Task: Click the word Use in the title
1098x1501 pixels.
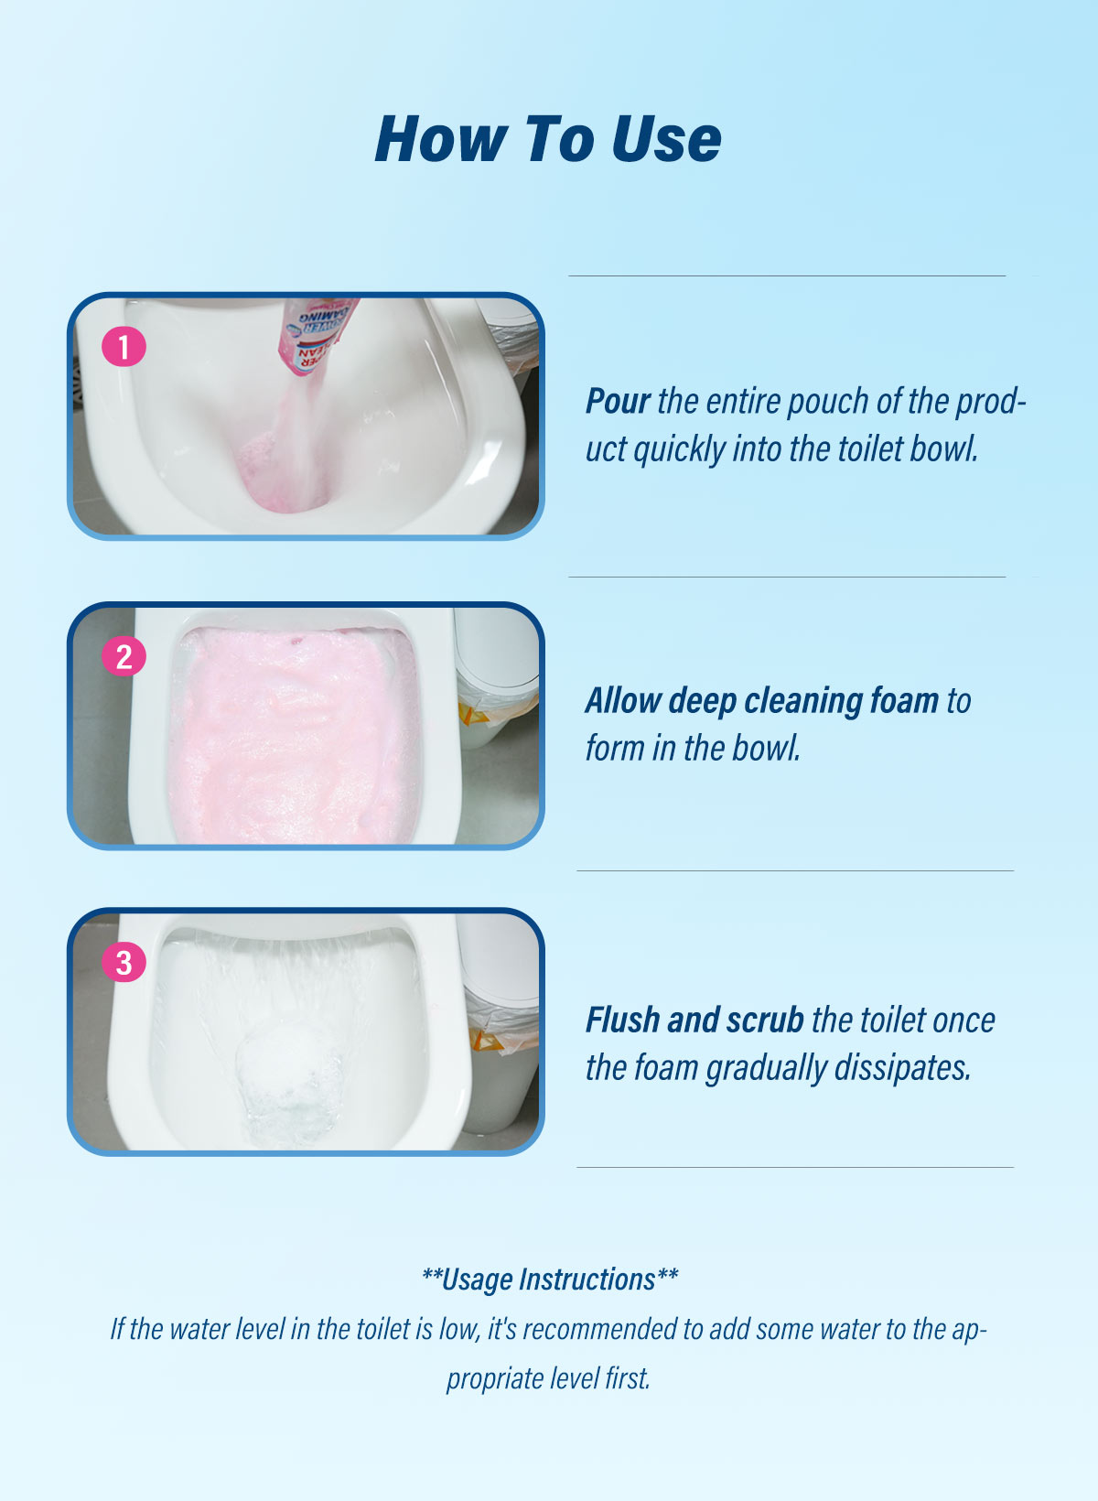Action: coord(666,139)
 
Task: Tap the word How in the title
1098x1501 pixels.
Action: coord(441,139)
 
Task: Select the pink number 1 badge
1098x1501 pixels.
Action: coord(124,347)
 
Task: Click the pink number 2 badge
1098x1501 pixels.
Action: coord(124,656)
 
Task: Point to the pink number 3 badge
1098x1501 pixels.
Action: coord(124,962)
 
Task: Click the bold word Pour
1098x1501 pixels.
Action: coord(618,401)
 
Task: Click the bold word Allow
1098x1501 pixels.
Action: coord(623,700)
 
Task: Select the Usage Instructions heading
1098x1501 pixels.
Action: coord(549,1280)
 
